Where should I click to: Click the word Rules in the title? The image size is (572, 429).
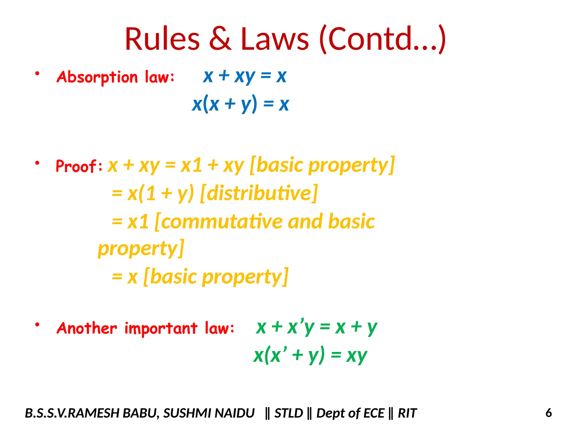click(162, 39)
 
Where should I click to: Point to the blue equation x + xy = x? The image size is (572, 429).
click(245, 76)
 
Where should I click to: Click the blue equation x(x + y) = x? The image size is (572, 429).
click(240, 104)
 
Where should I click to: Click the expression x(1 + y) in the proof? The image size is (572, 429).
click(160, 193)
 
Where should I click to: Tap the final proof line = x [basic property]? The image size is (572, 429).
click(200, 277)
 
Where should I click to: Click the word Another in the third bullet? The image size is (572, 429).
click(87, 328)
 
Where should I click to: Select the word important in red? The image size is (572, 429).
click(161, 329)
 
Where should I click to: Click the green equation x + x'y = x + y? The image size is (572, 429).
click(316, 327)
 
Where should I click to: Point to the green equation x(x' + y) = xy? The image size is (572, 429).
click(310, 356)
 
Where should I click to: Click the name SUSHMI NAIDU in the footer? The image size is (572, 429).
click(209, 413)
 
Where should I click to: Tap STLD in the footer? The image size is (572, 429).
click(289, 413)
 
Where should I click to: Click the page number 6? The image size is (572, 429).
click(549, 413)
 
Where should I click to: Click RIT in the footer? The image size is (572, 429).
click(407, 413)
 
